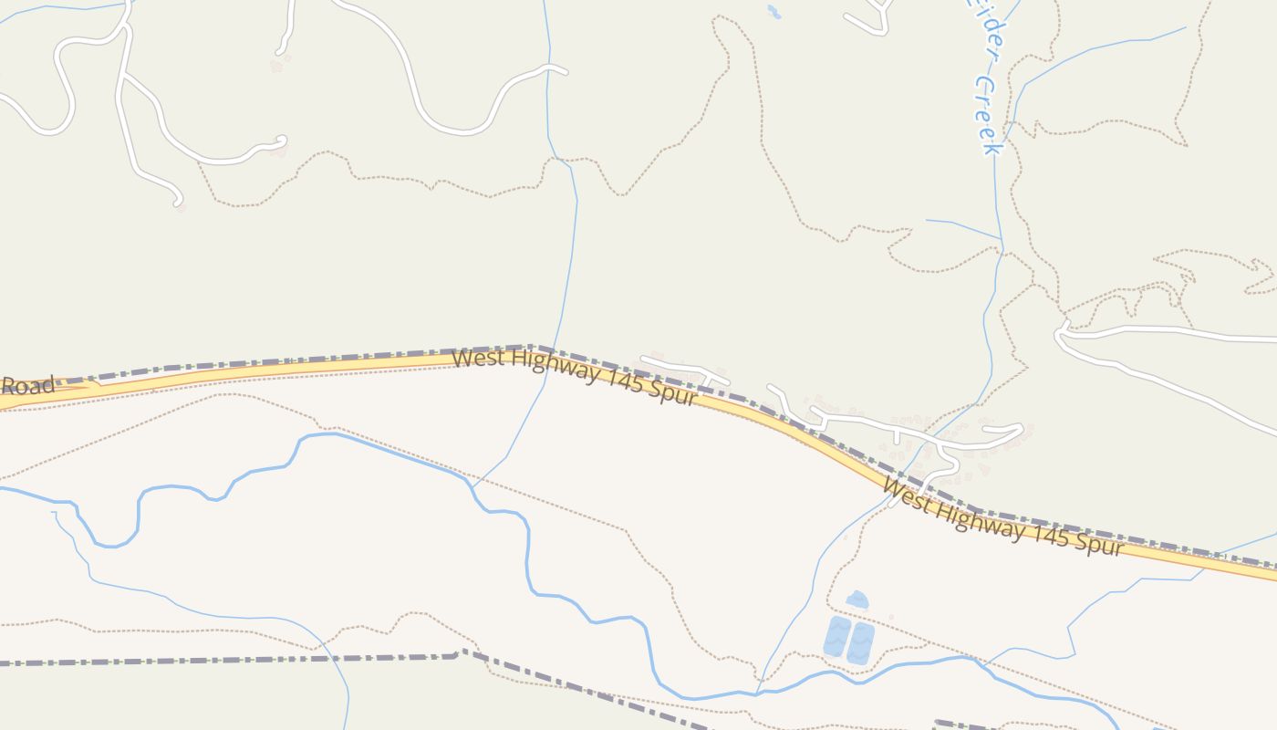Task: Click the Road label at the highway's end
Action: click(x=27, y=384)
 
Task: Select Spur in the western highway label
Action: click(x=674, y=392)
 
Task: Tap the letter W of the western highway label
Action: click(x=462, y=357)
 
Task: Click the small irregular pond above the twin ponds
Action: click(x=857, y=600)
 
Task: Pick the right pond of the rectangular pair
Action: click(x=860, y=642)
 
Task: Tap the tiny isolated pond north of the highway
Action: click(x=773, y=12)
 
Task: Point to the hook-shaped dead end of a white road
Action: click(x=177, y=199)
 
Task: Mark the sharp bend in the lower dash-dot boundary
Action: click(x=461, y=653)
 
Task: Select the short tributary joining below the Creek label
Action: click(x=962, y=228)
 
